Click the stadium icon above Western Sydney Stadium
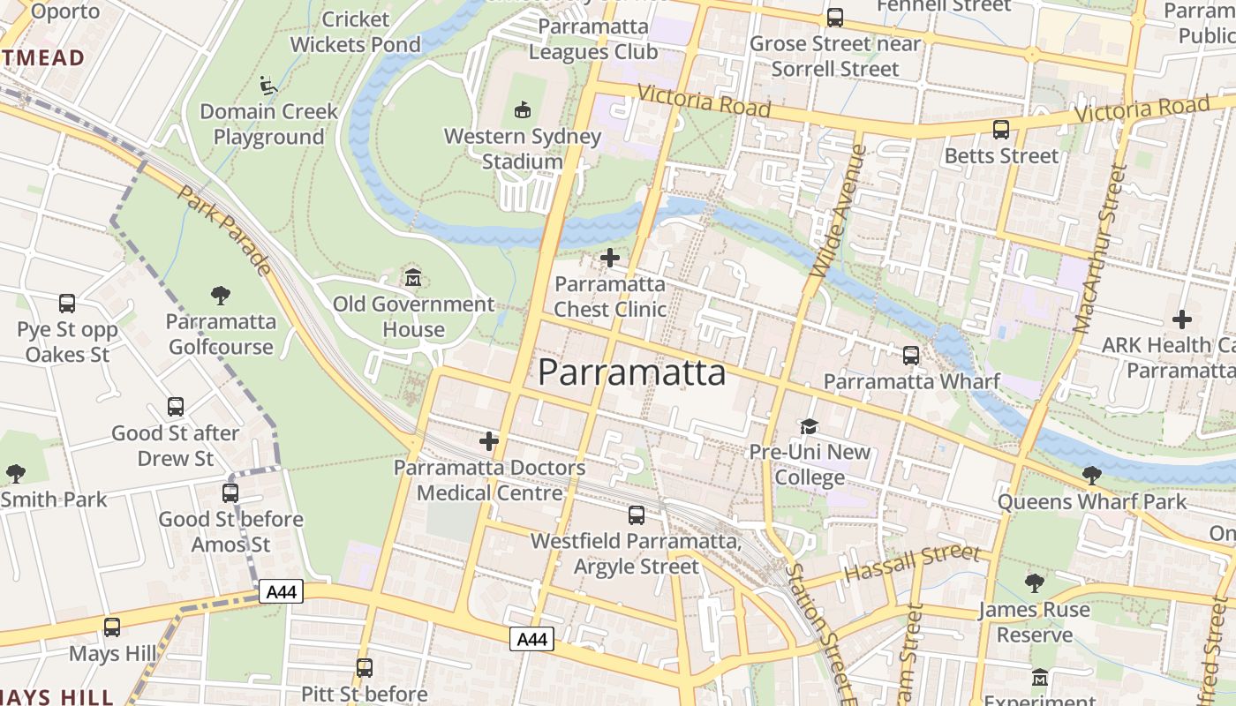(522, 110)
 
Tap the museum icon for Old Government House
(412, 278)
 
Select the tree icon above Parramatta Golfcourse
(221, 296)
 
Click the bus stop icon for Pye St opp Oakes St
(67, 304)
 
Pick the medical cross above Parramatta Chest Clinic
(609, 258)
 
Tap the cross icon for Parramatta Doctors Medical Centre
(488, 441)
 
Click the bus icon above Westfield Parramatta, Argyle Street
(637, 514)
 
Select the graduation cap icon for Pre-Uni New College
(809, 426)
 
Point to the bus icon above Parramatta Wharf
(911, 356)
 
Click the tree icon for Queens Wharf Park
(1092, 476)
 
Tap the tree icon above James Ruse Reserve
(1035, 583)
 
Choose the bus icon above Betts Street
(1001, 130)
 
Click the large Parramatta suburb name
(632, 372)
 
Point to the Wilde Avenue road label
(834, 212)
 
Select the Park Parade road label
(223, 229)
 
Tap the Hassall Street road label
(912, 562)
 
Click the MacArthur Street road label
(1100, 249)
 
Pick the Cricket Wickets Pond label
(356, 32)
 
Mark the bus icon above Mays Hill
(112, 627)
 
